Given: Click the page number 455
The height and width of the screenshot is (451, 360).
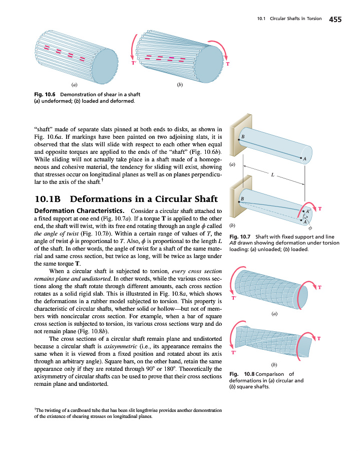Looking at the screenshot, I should click(x=335, y=20).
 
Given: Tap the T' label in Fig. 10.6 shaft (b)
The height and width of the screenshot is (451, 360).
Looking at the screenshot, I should click(x=134, y=63).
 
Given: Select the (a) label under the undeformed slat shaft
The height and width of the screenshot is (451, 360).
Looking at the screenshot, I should click(x=74, y=85).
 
